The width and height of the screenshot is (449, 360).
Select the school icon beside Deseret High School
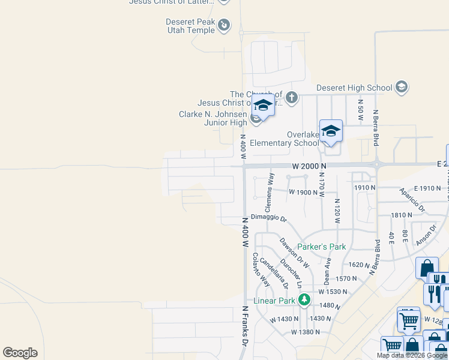[x=402, y=88]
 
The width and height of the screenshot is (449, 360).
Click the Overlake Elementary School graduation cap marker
[x=331, y=131]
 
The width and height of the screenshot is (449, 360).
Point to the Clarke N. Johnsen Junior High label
[x=212, y=118]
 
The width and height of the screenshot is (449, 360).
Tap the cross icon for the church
[x=292, y=97]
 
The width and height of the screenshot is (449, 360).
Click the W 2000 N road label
[x=309, y=166]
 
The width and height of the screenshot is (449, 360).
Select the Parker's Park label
[x=322, y=247]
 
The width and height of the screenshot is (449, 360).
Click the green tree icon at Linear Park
[x=304, y=299]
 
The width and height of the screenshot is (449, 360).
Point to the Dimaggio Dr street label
[x=269, y=217]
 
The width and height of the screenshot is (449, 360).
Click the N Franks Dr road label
[x=245, y=326]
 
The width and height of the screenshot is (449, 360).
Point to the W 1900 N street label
[x=303, y=193]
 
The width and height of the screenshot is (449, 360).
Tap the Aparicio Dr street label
[x=412, y=201]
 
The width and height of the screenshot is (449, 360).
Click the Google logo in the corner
[x=20, y=353]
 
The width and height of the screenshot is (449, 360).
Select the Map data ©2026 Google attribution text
[x=412, y=355]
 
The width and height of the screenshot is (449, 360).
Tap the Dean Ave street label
[x=328, y=271]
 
